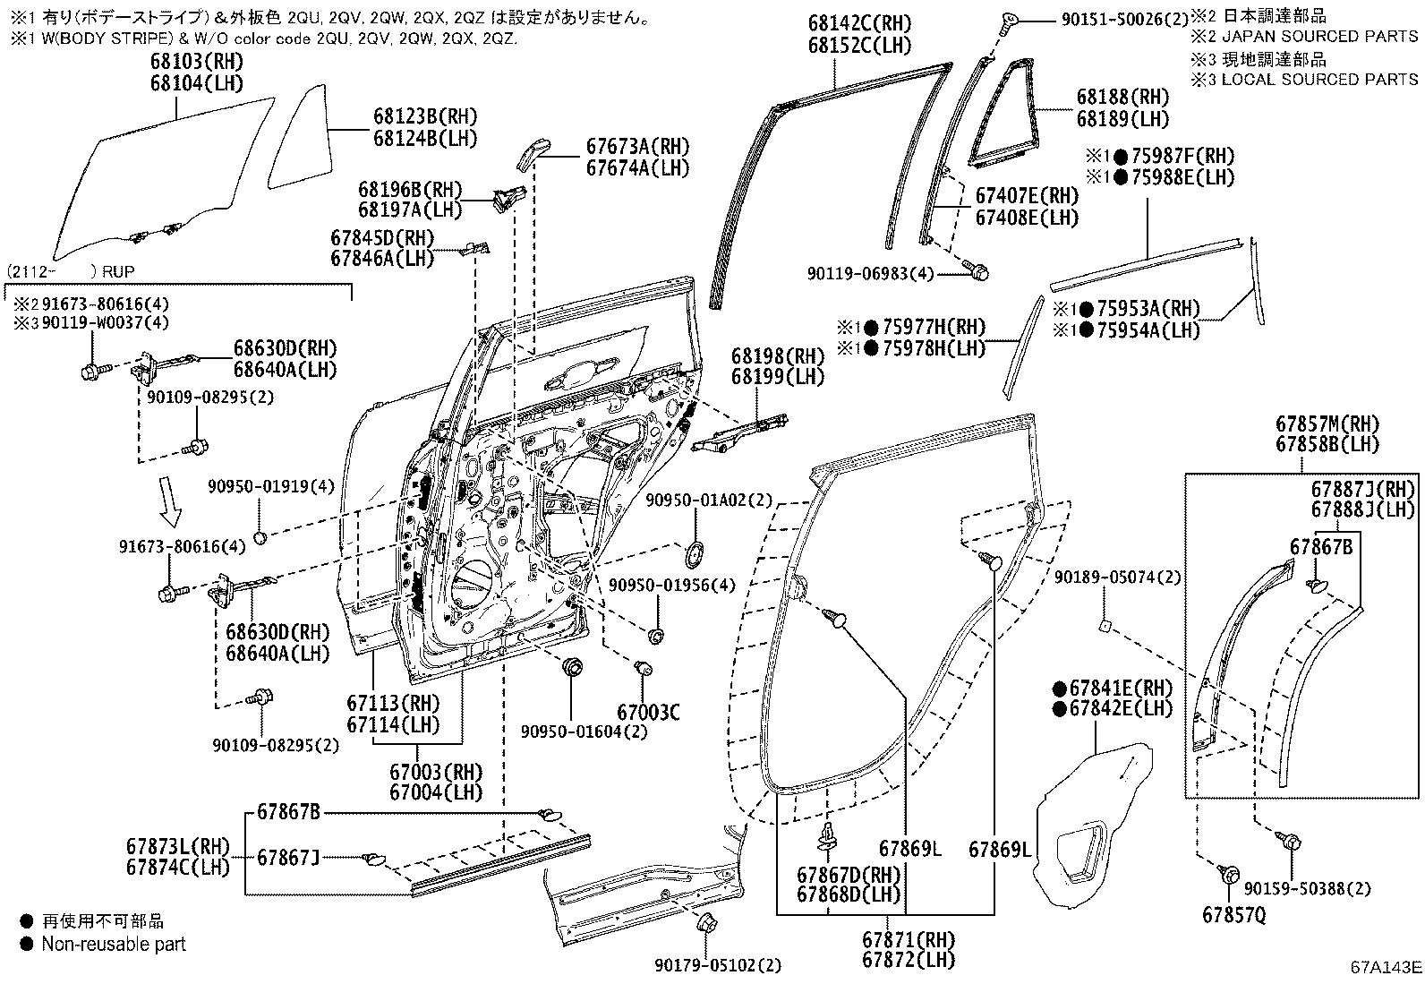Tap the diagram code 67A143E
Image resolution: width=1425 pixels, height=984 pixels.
(x=1386, y=967)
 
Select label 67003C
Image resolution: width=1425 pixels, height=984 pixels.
(x=647, y=713)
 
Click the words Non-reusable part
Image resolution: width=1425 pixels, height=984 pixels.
(x=114, y=944)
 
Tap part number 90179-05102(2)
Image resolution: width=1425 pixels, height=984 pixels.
(x=717, y=965)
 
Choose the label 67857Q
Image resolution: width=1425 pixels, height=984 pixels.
(x=1234, y=915)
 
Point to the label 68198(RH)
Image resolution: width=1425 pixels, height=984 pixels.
(x=777, y=356)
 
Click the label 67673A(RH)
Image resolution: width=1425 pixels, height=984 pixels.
(x=638, y=147)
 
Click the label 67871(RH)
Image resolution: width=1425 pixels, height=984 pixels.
(x=909, y=940)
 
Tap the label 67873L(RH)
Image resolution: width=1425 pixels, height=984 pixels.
(x=178, y=847)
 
